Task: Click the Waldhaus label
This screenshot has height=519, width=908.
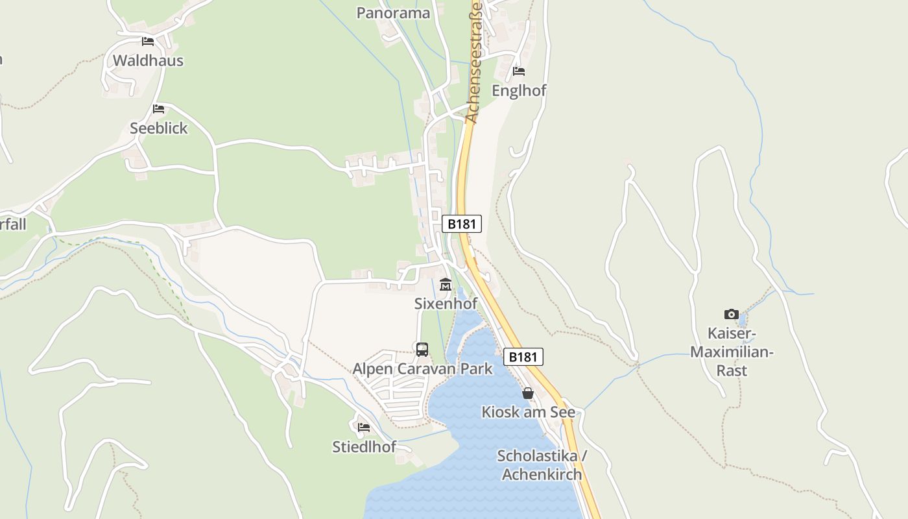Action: point(148,60)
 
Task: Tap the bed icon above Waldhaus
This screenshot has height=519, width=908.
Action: point(148,42)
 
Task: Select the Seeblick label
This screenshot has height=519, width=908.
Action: point(158,128)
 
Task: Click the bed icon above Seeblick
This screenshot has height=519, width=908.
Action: point(158,109)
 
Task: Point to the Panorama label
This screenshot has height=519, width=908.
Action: point(393,13)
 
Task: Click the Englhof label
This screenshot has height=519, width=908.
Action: point(519,90)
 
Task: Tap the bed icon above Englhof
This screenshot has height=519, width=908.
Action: point(519,71)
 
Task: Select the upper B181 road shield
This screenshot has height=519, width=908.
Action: point(462,224)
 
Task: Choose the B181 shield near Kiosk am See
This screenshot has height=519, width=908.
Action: point(523,356)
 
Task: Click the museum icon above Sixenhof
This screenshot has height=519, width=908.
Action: point(446,285)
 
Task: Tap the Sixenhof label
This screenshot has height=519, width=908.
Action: point(446,303)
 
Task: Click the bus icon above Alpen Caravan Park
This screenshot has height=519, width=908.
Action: point(422,350)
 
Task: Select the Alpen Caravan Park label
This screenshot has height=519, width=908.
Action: point(422,369)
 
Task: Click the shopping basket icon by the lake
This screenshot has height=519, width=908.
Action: point(528,393)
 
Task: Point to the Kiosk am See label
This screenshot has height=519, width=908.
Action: point(528,412)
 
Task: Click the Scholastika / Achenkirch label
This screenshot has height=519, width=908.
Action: point(542,465)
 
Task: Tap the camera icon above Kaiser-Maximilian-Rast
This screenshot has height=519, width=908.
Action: point(732,315)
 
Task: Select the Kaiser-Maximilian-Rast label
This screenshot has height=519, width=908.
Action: point(732,352)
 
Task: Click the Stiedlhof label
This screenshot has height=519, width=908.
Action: point(364,446)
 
